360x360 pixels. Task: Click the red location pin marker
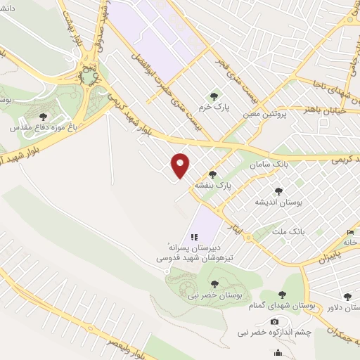point(181,165)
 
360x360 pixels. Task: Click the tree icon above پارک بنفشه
point(212,174)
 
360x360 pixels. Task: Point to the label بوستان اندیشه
point(279,202)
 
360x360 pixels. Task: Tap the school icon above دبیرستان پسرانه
point(195,238)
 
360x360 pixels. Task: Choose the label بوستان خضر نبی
point(215,296)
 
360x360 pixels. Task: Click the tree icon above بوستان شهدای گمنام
point(282,295)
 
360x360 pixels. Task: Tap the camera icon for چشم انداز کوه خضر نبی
point(274,321)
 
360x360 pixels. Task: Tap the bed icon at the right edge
point(351,233)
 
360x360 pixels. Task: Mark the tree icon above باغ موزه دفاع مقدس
point(44,117)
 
